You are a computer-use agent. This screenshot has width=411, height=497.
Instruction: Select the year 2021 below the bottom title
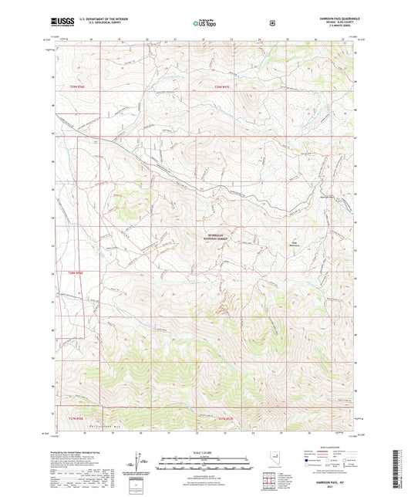point(330,488)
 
